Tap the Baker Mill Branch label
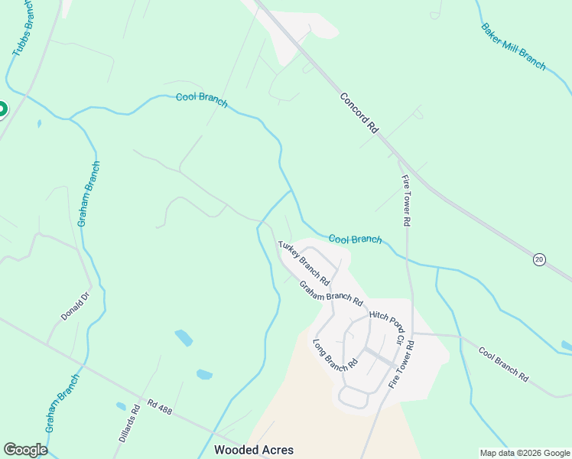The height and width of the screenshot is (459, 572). coord(513,46)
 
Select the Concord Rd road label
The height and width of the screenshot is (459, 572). coord(359,114)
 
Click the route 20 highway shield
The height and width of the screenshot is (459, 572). coord(539,260)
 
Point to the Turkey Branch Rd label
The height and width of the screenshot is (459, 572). coord(304,261)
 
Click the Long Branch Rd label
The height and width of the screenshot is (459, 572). coord(336,352)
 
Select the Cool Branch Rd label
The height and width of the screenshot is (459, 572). coord(503,364)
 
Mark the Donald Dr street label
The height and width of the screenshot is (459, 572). coord(75,305)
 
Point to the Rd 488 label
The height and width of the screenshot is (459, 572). coord(161,406)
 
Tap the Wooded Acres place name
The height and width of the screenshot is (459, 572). coord(254,450)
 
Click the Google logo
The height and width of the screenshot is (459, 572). coord(25,450)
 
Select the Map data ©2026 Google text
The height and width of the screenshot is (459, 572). coord(525,453)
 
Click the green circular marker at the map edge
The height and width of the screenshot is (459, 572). coord(2,109)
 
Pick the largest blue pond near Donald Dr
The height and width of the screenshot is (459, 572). coord(184,337)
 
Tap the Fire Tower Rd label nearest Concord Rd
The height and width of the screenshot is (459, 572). coord(407,200)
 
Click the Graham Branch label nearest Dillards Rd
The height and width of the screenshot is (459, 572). coord(63,403)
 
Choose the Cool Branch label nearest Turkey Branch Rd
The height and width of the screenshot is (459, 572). coord(355,239)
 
